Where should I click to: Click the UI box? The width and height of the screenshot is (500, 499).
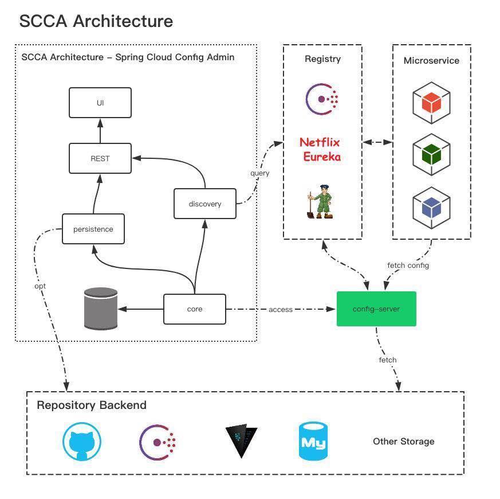100,103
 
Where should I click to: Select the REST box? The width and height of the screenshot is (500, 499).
100,158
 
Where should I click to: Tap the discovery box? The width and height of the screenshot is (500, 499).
205,204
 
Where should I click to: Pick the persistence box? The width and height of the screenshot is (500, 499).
93,229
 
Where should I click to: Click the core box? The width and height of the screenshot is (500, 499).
195,309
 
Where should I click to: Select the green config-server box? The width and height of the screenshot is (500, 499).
376,309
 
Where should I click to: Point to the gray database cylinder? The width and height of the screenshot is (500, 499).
101,309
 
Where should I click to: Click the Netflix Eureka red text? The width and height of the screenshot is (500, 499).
320,150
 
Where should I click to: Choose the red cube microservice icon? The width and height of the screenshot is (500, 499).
431,103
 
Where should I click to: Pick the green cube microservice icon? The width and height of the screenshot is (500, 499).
431,154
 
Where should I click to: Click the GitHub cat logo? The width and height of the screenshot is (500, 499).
82,442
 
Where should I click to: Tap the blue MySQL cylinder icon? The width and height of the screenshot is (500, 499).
313,442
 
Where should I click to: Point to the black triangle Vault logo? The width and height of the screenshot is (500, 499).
241,440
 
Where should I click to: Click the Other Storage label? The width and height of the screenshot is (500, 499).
404,441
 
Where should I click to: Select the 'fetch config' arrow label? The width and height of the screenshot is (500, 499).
408,266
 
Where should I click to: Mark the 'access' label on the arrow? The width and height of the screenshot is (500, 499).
281,310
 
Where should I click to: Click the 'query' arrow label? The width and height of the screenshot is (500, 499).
259,173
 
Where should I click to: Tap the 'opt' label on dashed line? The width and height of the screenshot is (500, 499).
40,286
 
